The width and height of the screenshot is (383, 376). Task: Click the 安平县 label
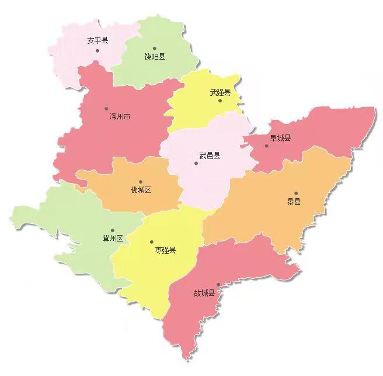tap(97, 40)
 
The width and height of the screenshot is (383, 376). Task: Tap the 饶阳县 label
tap(155, 57)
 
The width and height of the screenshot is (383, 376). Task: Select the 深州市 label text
tap(120, 117)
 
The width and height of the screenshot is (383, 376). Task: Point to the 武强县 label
tap(220, 92)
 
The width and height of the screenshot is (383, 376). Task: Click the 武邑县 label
tap(210, 156)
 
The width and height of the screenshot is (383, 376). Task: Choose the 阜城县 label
tap(280, 138)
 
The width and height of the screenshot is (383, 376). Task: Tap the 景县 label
tap(294, 202)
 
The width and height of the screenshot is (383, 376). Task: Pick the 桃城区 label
tap(141, 189)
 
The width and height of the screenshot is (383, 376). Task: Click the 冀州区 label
tap(112, 238)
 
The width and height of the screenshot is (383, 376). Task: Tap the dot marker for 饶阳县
tap(155, 48)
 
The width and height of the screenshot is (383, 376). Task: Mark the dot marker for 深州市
tap(106, 108)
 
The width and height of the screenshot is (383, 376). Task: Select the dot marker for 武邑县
tap(196, 163)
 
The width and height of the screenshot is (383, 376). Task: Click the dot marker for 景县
tap(296, 193)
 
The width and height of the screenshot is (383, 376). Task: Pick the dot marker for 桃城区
tap(141, 181)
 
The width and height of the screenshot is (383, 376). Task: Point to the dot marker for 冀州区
tap(113, 230)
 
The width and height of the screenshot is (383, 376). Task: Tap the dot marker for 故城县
tap(218, 285)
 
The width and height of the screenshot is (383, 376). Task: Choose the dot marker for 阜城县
tap(267, 146)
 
